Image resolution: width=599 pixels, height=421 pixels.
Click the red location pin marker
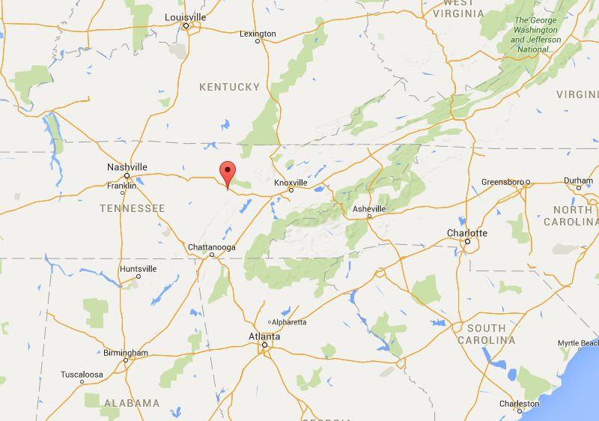[228, 171]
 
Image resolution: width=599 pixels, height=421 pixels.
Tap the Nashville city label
[127, 167]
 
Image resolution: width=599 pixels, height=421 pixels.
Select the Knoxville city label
[291, 182]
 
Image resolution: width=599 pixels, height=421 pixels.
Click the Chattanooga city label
[212, 247]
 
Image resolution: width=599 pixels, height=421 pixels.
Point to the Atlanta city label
[264, 337]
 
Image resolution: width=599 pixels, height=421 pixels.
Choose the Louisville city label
[186, 16]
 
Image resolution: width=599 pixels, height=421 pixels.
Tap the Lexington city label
[258, 34]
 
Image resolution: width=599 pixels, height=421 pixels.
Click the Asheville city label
[369, 208]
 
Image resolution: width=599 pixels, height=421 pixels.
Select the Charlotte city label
[467, 233]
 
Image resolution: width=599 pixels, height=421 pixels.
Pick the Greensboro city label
[504, 182]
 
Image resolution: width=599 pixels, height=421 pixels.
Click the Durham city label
[578, 181]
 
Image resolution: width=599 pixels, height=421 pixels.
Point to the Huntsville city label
[139, 268]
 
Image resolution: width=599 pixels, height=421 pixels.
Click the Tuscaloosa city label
[82, 374]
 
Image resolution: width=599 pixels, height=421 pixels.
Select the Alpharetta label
[289, 322]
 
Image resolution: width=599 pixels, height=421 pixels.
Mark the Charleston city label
[519, 404]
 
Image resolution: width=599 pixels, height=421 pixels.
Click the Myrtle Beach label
[578, 343]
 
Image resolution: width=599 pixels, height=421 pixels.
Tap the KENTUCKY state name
[229, 88]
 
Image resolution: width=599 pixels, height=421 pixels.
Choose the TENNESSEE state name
[132, 208]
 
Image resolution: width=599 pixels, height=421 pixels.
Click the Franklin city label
[121, 185]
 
